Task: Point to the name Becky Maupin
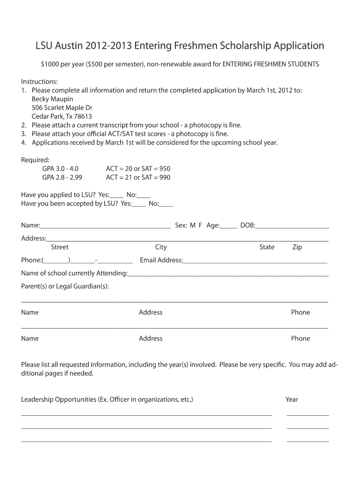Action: pyautogui.click(x=52, y=99)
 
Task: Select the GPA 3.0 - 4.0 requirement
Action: pyautogui.click(x=60, y=168)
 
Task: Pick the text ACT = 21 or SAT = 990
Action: pyautogui.click(x=138, y=177)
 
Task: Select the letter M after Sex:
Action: pyautogui.click(x=193, y=225)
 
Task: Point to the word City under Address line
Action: pyautogui.click(x=161, y=247)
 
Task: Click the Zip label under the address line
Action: pyautogui.click(x=297, y=247)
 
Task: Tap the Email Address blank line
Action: pyautogui.click(x=255, y=261)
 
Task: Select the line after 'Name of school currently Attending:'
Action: pyautogui.click(x=228, y=275)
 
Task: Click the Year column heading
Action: pyautogui.click(x=292, y=399)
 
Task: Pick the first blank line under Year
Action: pyautogui.click(x=307, y=414)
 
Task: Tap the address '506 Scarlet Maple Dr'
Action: pyautogui.click(x=62, y=108)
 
